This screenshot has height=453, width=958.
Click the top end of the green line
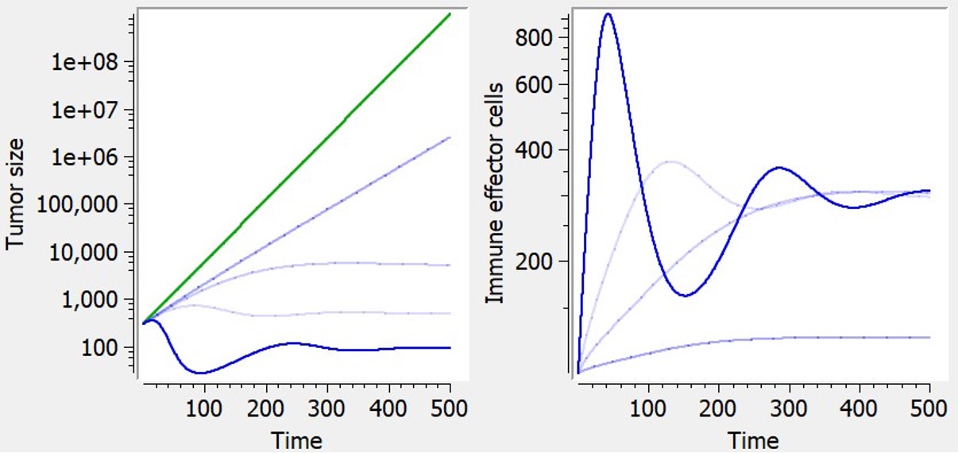(450, 14)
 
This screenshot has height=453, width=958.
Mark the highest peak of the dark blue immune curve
(608, 14)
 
